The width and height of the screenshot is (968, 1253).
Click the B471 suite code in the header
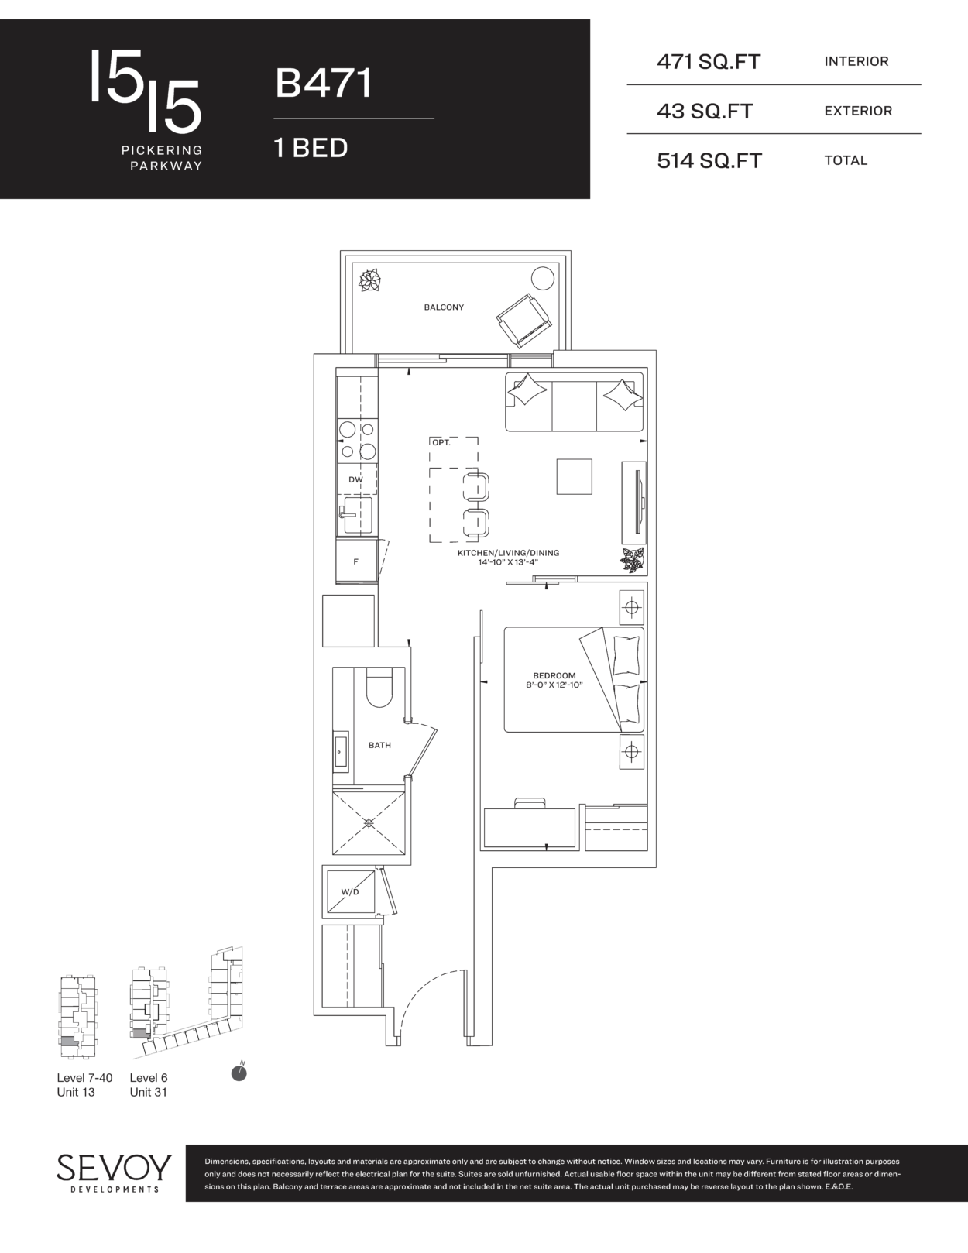[324, 83]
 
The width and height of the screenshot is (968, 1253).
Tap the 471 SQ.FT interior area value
[709, 62]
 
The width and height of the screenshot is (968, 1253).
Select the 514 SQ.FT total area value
[709, 161]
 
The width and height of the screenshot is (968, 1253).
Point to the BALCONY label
[444, 307]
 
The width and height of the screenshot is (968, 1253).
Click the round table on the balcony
[543, 279]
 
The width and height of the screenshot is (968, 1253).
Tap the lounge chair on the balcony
[524, 321]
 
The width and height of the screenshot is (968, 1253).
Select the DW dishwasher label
[355, 480]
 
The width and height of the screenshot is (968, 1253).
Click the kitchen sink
[355, 515]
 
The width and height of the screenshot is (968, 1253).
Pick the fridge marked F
[356, 561]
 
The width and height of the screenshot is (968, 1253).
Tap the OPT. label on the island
[441, 443]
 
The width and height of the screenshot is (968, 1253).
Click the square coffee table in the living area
[575, 476]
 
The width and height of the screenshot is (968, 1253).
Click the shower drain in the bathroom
[369, 823]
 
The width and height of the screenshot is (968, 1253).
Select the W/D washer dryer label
[350, 891]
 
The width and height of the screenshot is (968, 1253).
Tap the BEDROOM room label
[554, 675]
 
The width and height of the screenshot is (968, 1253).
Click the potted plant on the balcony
[369, 281]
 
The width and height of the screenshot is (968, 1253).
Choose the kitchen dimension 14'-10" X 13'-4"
[508, 561]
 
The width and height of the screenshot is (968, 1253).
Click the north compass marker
[239, 1073]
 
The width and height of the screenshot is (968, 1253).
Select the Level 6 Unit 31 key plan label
[149, 1085]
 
